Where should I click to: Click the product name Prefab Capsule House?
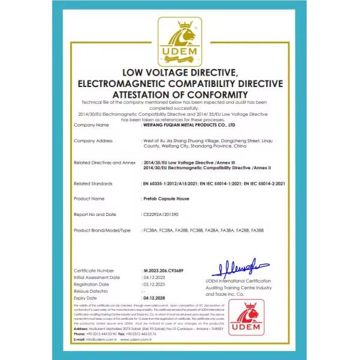click(166, 198)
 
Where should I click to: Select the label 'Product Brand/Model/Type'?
click(101, 230)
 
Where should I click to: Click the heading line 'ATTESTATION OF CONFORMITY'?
click(180, 94)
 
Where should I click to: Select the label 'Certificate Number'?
click(94, 271)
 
